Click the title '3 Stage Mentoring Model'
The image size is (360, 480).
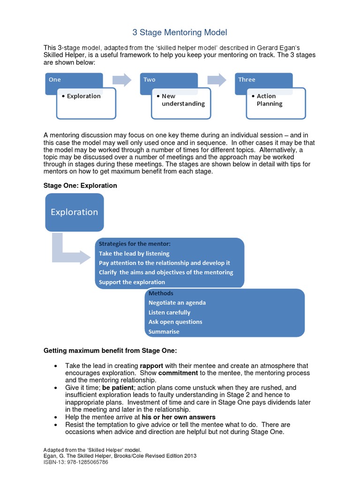(180, 32)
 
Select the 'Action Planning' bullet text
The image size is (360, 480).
(270, 100)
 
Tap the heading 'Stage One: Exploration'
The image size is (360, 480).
(80, 186)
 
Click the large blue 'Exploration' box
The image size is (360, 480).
(74, 212)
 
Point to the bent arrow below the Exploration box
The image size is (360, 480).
(68, 248)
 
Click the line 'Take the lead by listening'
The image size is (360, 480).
(134, 254)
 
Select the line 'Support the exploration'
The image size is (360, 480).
(132, 282)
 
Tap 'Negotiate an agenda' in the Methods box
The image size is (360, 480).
(177, 303)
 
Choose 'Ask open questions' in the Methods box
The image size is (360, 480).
(175, 322)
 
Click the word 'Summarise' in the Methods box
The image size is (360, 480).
(164, 332)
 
